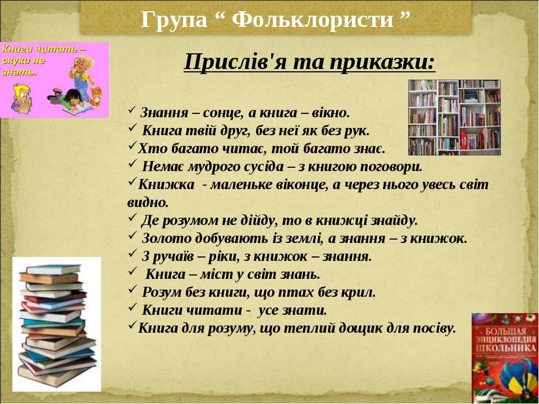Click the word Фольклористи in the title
click(x=312, y=19)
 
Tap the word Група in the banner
click(x=174, y=20)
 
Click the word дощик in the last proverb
click(x=360, y=328)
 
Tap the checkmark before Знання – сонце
click(x=132, y=111)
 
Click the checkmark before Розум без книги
click(x=133, y=290)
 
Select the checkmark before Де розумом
click(x=133, y=218)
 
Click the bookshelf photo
click(x=454, y=117)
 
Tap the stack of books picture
click(x=57, y=325)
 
